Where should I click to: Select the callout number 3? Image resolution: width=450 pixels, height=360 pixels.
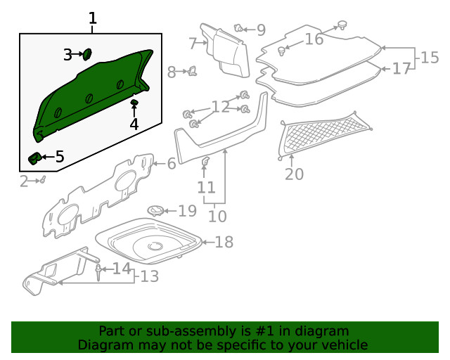(68, 54)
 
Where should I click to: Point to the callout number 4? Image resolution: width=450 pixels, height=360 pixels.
(134, 124)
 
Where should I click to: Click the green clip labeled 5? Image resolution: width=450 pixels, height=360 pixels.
(34, 157)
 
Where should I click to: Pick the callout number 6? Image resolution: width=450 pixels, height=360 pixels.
(171, 163)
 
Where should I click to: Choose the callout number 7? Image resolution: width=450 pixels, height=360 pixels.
(193, 43)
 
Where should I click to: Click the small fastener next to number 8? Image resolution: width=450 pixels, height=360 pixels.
(191, 70)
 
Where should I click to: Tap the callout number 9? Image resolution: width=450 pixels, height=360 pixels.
(261, 30)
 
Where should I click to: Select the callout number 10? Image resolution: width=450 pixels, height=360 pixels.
(217, 217)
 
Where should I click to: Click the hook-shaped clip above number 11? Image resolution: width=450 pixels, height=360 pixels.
(205, 163)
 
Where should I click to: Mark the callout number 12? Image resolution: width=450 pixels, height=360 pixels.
(220, 107)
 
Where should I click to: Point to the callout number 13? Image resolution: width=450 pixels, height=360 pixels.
(149, 277)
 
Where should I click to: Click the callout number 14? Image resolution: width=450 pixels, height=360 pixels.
(122, 268)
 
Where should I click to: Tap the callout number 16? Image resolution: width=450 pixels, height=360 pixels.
(314, 39)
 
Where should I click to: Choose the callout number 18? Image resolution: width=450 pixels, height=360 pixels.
(224, 243)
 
